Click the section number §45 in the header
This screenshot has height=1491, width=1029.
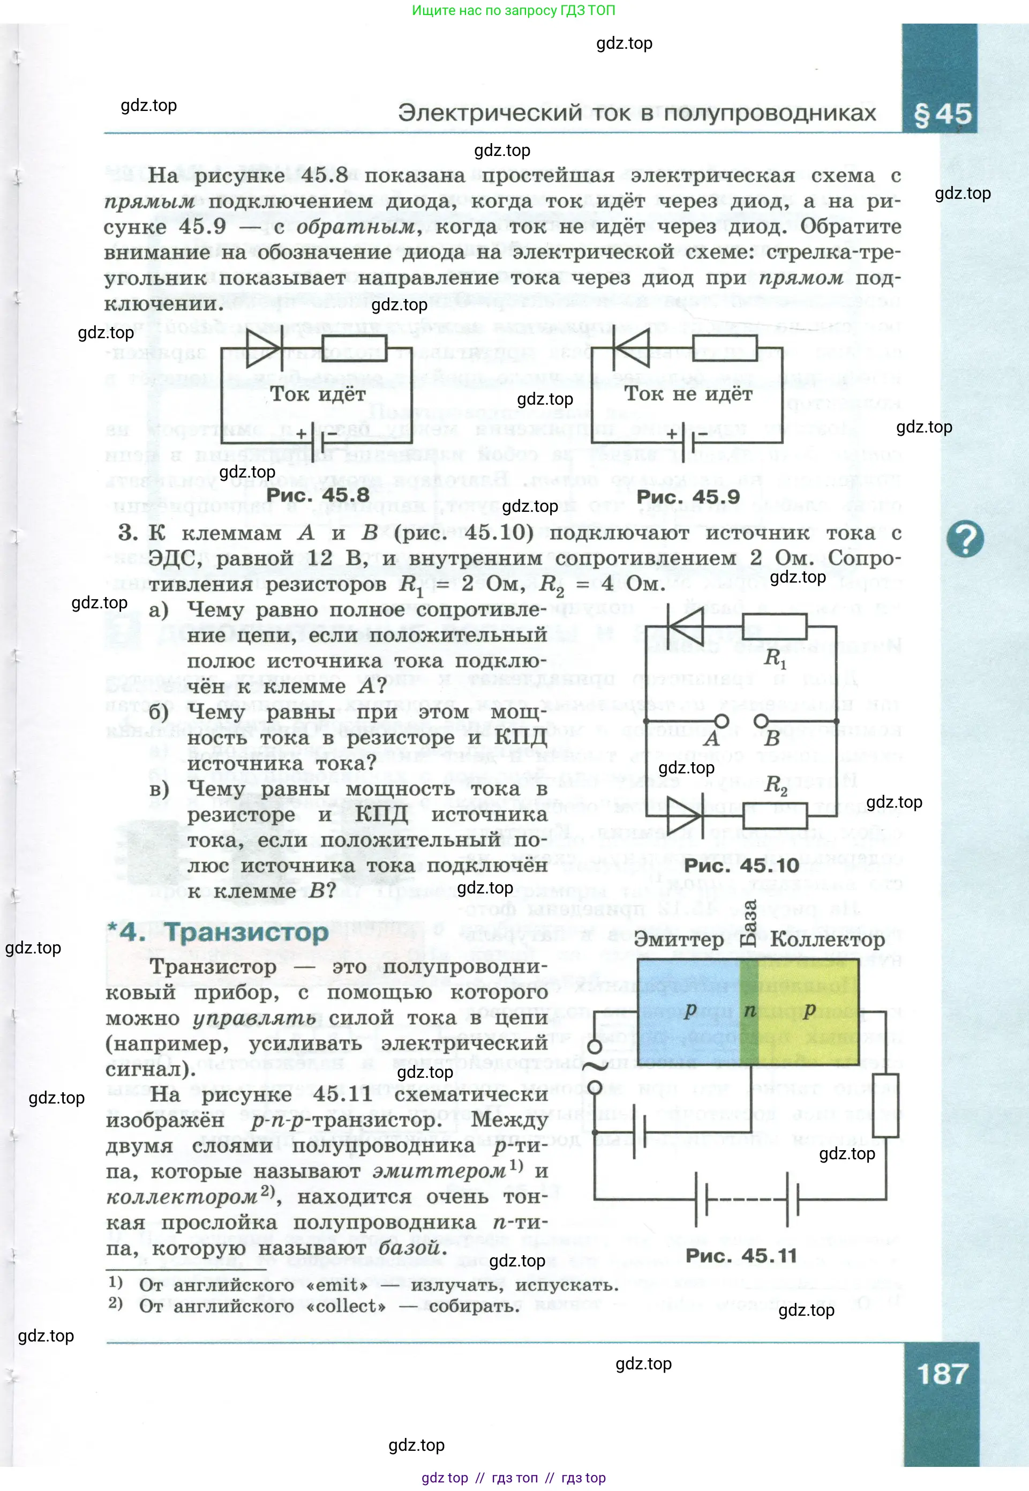(942, 114)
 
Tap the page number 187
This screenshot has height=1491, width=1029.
(942, 1374)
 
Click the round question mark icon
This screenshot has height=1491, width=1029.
(965, 539)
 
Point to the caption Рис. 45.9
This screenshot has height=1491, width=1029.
(688, 497)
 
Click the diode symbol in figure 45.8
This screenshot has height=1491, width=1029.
(262, 349)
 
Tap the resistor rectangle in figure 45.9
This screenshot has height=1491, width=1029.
(724, 349)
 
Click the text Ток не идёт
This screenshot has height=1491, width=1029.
(688, 393)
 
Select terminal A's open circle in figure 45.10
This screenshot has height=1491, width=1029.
(722, 720)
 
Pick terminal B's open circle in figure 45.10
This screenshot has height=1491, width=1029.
(761, 720)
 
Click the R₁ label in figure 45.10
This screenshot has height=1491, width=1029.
(775, 659)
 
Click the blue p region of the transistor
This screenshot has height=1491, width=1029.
(688, 1012)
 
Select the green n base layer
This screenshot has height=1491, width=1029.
(749, 1012)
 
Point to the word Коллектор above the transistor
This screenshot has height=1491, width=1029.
(827, 940)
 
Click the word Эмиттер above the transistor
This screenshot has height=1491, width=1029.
(679, 940)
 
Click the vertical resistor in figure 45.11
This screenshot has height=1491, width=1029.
(885, 1105)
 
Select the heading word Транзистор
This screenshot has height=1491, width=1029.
(246, 933)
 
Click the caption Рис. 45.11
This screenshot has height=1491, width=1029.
(741, 1256)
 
